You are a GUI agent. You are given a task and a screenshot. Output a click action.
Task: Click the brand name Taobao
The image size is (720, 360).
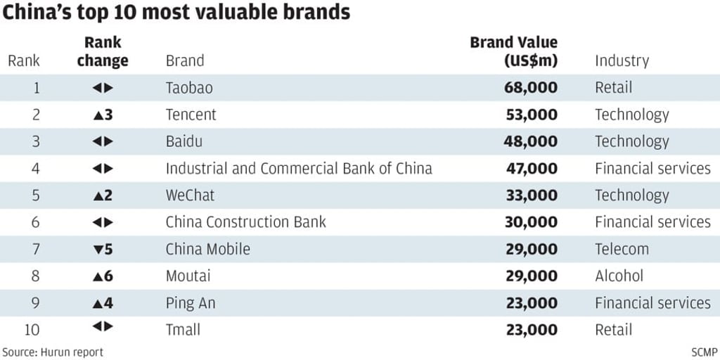(x=189, y=88)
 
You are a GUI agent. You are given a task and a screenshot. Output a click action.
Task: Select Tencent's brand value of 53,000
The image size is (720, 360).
(x=532, y=115)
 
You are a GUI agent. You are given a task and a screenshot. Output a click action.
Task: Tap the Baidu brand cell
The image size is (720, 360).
(x=184, y=141)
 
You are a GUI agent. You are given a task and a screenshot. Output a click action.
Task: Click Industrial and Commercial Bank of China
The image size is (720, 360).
(x=299, y=169)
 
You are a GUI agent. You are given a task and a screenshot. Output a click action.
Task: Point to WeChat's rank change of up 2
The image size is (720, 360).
(x=103, y=195)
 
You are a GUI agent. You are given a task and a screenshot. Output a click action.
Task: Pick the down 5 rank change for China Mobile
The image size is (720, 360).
(x=103, y=249)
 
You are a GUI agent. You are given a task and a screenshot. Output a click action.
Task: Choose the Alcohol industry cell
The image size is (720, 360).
(x=619, y=276)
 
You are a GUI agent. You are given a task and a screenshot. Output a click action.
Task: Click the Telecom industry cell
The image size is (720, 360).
(x=622, y=249)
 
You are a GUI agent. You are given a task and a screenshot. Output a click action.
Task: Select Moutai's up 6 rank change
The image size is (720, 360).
(x=103, y=276)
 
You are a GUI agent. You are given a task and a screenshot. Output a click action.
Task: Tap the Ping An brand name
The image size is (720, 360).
(x=191, y=303)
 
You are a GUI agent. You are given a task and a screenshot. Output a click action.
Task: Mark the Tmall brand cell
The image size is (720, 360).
(x=183, y=330)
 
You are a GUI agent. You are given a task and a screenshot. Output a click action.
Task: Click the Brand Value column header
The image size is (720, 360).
(x=514, y=51)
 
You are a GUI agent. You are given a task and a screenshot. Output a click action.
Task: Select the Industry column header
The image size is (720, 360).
(x=622, y=61)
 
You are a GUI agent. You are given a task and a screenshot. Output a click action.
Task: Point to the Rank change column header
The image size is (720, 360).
(x=103, y=52)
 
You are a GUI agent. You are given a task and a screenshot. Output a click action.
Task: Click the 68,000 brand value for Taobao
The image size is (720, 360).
(x=532, y=88)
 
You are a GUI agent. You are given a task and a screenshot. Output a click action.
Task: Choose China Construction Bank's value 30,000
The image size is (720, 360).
(x=532, y=222)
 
